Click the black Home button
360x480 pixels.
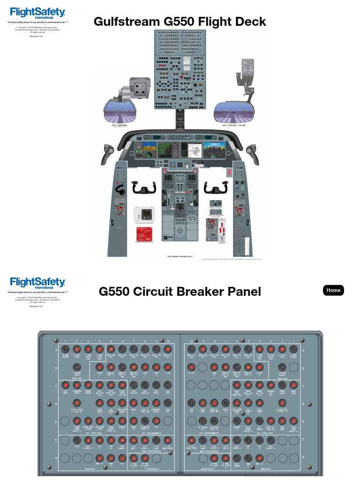pos(333,290)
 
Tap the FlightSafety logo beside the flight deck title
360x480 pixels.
pos(37,13)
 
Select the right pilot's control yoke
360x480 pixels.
pos(215,188)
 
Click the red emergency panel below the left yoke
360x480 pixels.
pos(144,235)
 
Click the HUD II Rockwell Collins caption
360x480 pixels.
pos(234,126)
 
